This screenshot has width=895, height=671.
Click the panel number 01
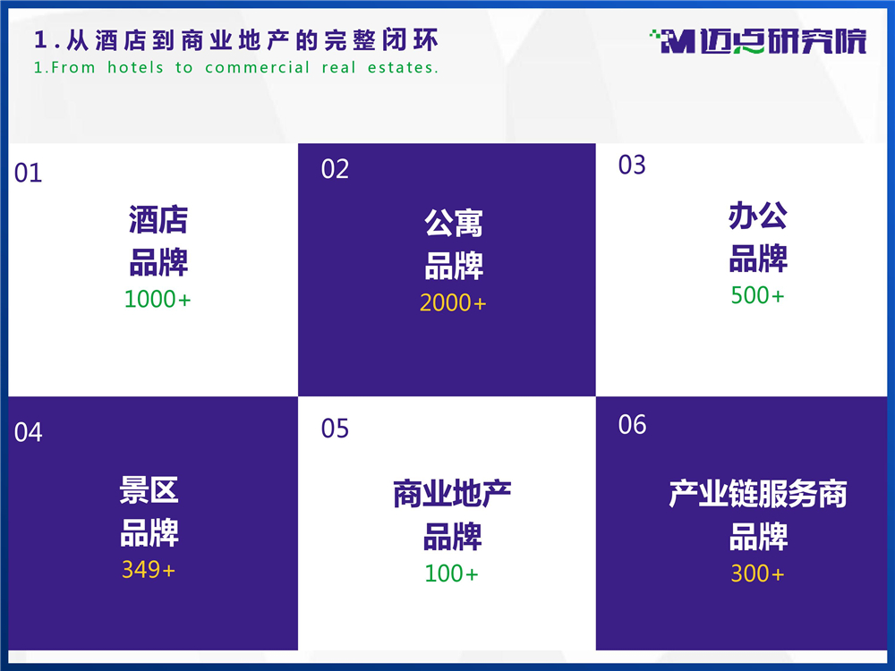coord(28,173)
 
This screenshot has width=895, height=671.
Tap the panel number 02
coord(335,169)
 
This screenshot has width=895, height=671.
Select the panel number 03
coord(632,165)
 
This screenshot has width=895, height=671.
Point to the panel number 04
coord(28,432)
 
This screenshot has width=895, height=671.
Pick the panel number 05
coord(335,429)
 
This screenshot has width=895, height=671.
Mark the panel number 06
coord(632,424)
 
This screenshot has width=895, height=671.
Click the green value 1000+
coord(158,299)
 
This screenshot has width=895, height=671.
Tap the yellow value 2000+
coord(453,303)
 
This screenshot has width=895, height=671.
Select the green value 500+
coord(757,295)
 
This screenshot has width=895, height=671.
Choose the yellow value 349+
coord(149,569)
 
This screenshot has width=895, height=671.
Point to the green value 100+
coord(451,573)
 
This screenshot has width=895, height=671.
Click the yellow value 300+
coord(757,573)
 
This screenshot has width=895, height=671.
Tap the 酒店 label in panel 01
coord(158,220)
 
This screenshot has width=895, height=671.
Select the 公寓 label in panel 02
coord(454,223)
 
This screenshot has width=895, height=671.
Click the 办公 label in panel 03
coord(758,216)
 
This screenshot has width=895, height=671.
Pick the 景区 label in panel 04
coord(149,490)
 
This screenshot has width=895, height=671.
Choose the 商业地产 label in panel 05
coord(452,494)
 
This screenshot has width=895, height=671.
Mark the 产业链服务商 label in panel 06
coord(758,494)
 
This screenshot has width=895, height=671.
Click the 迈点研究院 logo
coord(758,41)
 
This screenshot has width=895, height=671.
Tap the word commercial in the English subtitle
coord(257,67)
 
